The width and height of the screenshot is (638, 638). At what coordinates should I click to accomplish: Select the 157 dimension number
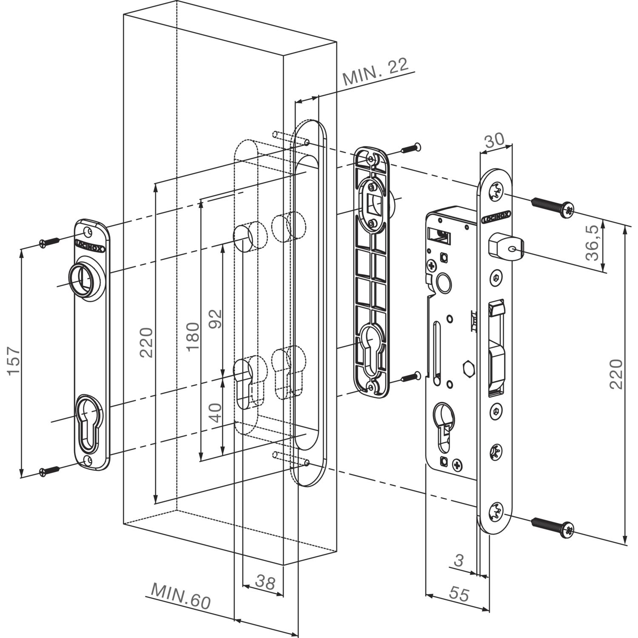coord(14,361)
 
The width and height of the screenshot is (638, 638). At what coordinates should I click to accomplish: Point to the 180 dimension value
coord(193,336)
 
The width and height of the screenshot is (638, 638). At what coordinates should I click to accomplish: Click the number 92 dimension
coord(216,319)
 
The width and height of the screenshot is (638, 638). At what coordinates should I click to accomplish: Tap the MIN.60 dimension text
coord(181,596)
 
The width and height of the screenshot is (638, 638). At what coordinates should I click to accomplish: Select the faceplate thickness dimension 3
coord(459,561)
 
